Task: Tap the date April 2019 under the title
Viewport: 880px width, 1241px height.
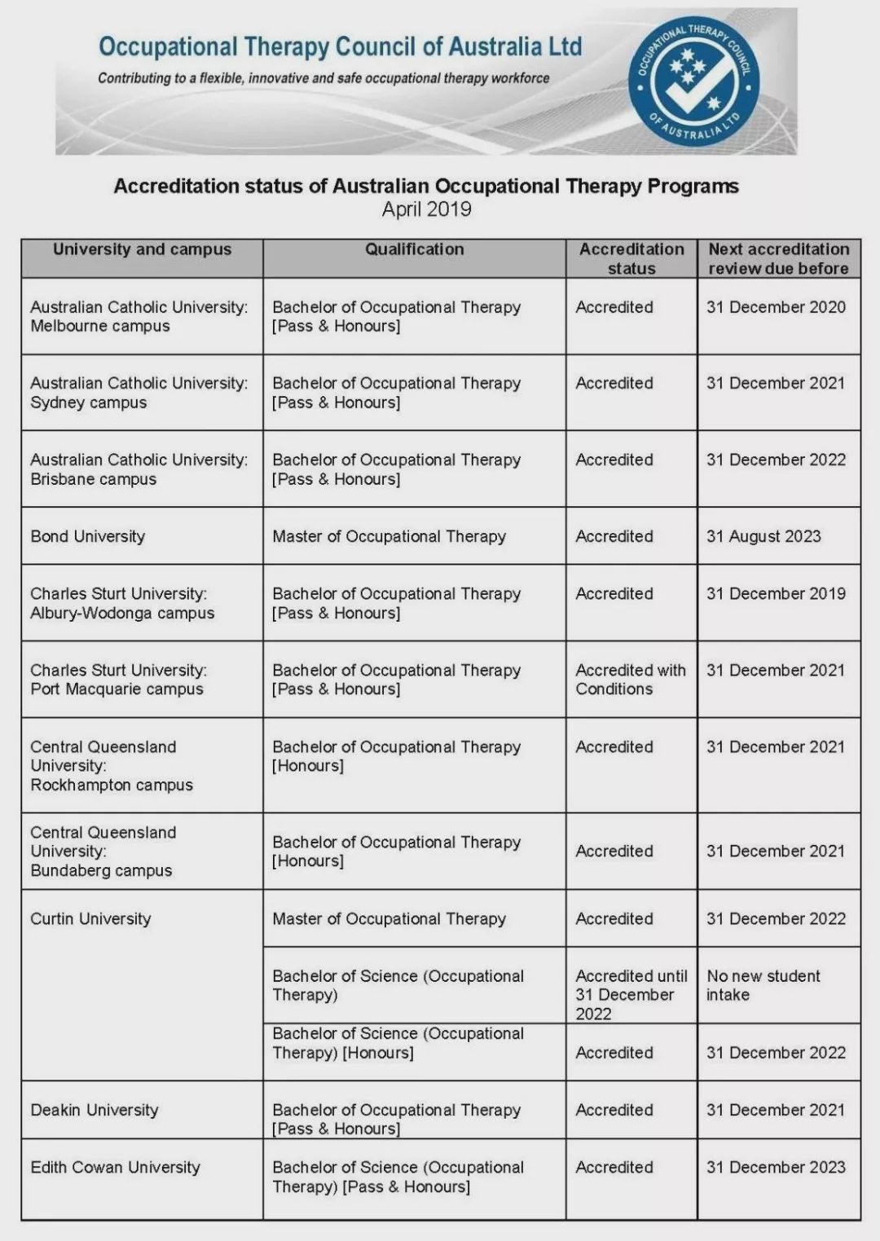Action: pos(426,209)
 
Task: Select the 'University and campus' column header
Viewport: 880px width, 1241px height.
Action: pos(142,249)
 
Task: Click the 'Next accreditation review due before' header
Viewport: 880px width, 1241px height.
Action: pos(778,258)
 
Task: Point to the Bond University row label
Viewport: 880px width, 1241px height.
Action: pos(88,536)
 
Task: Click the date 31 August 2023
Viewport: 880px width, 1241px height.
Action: pos(763,536)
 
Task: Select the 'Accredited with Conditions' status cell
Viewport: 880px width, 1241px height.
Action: pos(630,680)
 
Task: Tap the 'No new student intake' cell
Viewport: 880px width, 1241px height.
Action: pos(763,985)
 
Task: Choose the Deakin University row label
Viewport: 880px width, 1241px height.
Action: pos(95,1110)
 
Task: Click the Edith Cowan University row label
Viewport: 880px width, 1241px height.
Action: pos(115,1167)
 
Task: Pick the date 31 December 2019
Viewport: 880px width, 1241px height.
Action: pos(776,593)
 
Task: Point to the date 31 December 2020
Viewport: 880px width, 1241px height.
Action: pos(776,307)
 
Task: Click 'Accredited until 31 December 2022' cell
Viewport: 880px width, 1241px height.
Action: pos(631,994)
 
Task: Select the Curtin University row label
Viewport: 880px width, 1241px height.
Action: pos(90,918)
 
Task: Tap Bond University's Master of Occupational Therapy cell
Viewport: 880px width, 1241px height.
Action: pos(389,536)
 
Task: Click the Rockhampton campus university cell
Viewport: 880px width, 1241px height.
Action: pos(112,766)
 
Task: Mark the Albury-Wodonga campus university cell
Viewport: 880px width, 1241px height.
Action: pos(122,603)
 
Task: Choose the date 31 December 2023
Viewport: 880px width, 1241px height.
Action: pos(776,1167)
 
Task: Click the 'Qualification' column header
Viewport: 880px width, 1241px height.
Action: pos(414,249)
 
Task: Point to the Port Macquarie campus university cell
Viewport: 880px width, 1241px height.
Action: pos(118,680)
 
